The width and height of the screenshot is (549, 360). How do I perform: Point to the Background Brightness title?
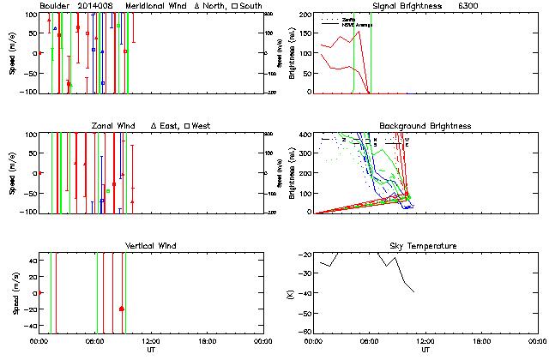pos(425,126)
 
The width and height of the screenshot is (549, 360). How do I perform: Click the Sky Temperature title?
pos(425,246)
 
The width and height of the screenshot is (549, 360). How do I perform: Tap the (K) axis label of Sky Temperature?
pos(299,293)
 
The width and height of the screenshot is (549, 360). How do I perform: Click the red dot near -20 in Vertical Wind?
pos(122,309)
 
